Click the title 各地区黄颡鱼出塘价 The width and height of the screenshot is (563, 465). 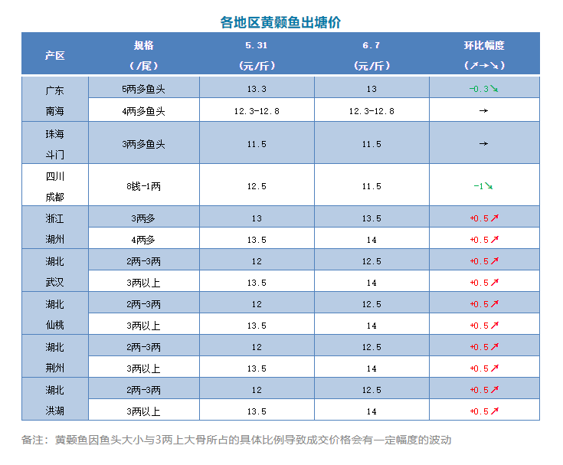pyautogui.click(x=281, y=21)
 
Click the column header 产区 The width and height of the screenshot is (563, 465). pyautogui.click(x=54, y=55)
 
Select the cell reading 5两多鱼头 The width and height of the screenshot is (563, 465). pyautogui.click(x=143, y=89)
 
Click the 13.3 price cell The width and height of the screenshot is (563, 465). pyautogui.click(x=257, y=89)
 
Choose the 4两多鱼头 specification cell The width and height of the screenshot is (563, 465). pyautogui.click(x=143, y=111)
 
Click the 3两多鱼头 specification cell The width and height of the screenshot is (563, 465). pyautogui.click(x=143, y=143)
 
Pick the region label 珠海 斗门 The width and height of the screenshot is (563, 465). pyautogui.click(x=54, y=143)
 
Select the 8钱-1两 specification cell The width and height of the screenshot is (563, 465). pyautogui.click(x=143, y=186)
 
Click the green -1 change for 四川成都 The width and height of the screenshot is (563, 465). pyautogui.click(x=482, y=186)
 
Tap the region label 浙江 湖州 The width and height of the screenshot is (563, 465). pyautogui.click(x=54, y=229)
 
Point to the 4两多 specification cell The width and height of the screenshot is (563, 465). pyautogui.click(x=143, y=240)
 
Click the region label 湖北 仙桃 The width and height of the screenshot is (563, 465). pyautogui.click(x=54, y=315)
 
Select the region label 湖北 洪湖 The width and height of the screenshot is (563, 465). pyautogui.click(x=54, y=401)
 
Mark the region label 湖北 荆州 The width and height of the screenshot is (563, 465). pyautogui.click(x=54, y=358)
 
